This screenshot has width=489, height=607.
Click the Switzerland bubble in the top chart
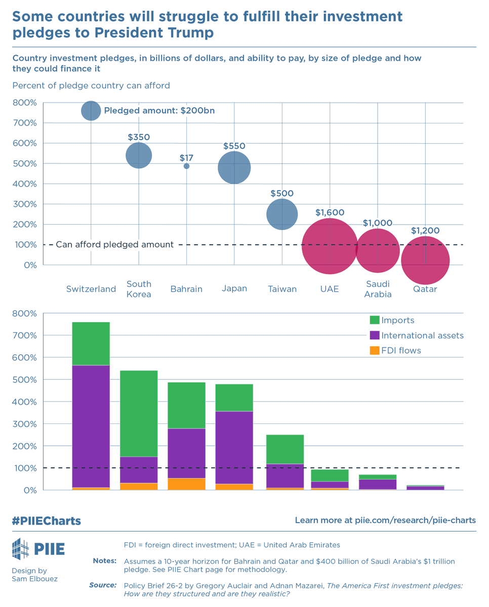pos(91,111)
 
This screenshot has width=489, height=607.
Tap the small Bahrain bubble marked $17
pos(186,166)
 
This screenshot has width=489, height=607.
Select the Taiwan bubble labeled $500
pos(282,214)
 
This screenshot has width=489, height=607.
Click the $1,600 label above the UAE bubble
pos(330,213)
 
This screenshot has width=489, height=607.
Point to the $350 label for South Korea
pos(139,137)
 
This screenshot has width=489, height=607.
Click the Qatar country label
pos(425,289)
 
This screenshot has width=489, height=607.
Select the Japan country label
pos(234,288)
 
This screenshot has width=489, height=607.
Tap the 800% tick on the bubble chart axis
pos(25,103)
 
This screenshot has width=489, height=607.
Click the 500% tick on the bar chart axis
pos(25,379)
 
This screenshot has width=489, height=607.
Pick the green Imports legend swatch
pos(375,320)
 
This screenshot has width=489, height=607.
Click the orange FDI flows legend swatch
pos(375,351)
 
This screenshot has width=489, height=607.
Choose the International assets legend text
pos(422,335)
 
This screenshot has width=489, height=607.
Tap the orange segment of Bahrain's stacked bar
pos(186,484)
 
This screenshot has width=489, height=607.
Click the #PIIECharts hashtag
pos(47,521)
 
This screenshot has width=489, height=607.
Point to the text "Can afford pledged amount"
pos(114,245)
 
